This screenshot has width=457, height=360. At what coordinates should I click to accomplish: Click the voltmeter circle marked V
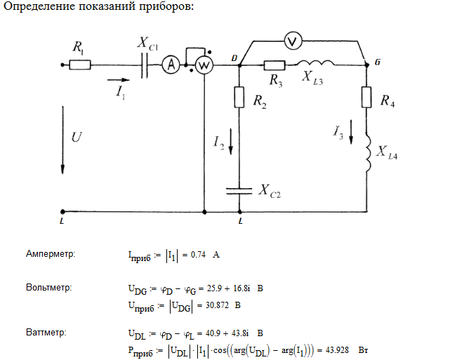pyautogui.click(x=296, y=41)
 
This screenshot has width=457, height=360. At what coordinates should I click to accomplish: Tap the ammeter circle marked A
pyautogui.click(x=168, y=65)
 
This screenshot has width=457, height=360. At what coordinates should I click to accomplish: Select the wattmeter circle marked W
pyautogui.click(x=203, y=65)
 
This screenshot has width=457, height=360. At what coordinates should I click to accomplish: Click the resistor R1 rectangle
pyautogui.click(x=80, y=65)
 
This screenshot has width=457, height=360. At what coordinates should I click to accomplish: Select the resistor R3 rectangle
pyautogui.click(x=274, y=65)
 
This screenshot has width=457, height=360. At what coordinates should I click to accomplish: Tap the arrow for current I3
pyautogui.click(x=352, y=133)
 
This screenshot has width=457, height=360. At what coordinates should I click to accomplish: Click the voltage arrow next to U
pyautogui.click(x=63, y=140)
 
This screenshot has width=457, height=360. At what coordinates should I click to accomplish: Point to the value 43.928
pyautogui.click(x=337, y=349)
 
